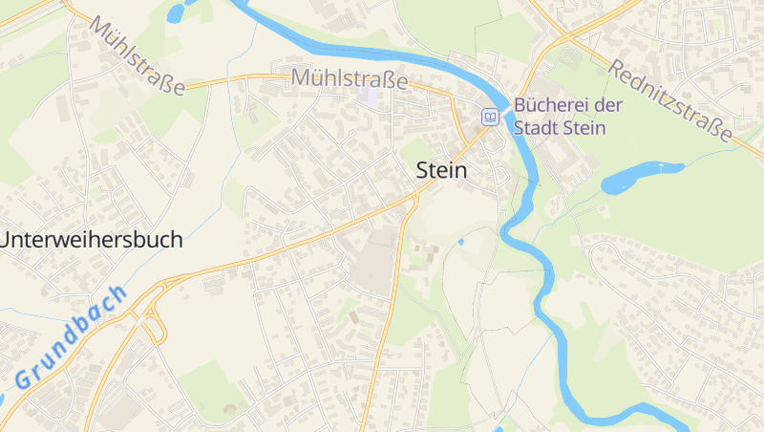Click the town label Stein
[442, 171]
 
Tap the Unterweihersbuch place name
[91, 240]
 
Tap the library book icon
[490, 117]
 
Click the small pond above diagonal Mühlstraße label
[176, 12]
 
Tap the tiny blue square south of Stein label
[460, 242]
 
